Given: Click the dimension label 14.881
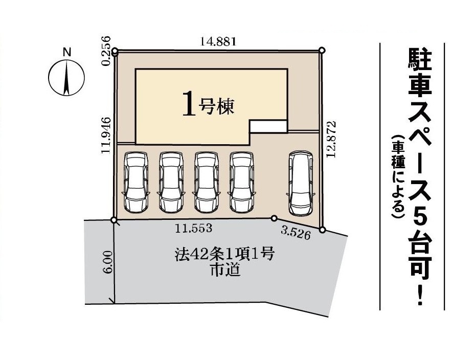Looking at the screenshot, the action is pos(218,42).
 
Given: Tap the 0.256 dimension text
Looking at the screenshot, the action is pos(107,51).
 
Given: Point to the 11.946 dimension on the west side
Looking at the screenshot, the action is pos(106,135).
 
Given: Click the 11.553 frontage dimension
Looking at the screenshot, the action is pos(194,229).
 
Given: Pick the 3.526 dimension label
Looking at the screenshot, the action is pos(296,234).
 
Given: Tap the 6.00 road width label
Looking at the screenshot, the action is pos(108,262).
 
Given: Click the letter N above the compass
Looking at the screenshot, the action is pos(67,52).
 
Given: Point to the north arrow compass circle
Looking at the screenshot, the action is pos(66,78).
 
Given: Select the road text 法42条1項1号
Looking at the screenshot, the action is pos(224,255).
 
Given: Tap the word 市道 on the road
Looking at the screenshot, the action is pos(225,271).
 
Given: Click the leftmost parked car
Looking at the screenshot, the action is pos(136,182).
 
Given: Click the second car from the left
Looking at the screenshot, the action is pos(171,182).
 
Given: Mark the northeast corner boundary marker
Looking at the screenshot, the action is pos(322,50).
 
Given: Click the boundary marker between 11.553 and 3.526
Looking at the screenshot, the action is pos(274,218).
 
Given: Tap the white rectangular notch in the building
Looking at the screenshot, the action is pos(268,126).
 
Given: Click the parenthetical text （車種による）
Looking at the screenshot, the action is pos(398,177).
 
